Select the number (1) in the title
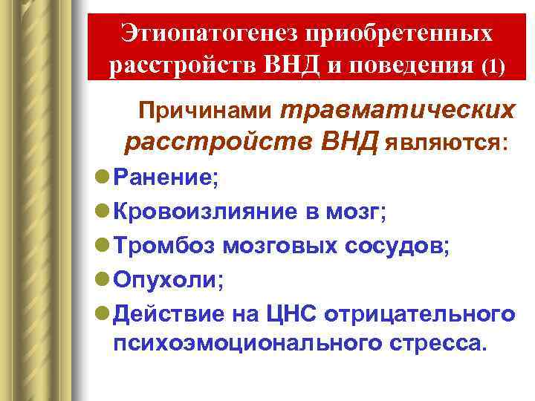[492, 67]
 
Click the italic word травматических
[398, 110]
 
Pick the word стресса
[440, 345]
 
